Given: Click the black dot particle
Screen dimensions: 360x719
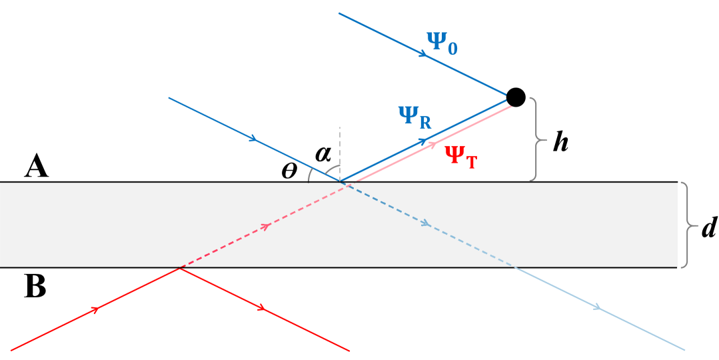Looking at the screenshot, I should coord(516,97).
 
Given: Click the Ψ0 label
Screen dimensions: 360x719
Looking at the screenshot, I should coord(442,44).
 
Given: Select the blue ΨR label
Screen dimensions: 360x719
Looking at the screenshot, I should coord(414,117).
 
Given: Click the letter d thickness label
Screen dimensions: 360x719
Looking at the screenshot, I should coord(708,227).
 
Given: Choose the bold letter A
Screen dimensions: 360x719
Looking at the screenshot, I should coord(37,166).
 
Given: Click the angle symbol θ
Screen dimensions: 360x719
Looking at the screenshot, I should coord(289,171).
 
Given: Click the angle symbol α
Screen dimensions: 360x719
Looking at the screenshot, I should coord(323,153).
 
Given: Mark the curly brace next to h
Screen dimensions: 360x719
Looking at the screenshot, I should coord(536,140).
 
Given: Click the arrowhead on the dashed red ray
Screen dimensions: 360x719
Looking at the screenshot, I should coord(267,226).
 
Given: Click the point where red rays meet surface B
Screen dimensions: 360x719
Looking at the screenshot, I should coord(180,267).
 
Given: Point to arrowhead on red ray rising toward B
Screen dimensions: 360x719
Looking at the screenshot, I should coord(97,309).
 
